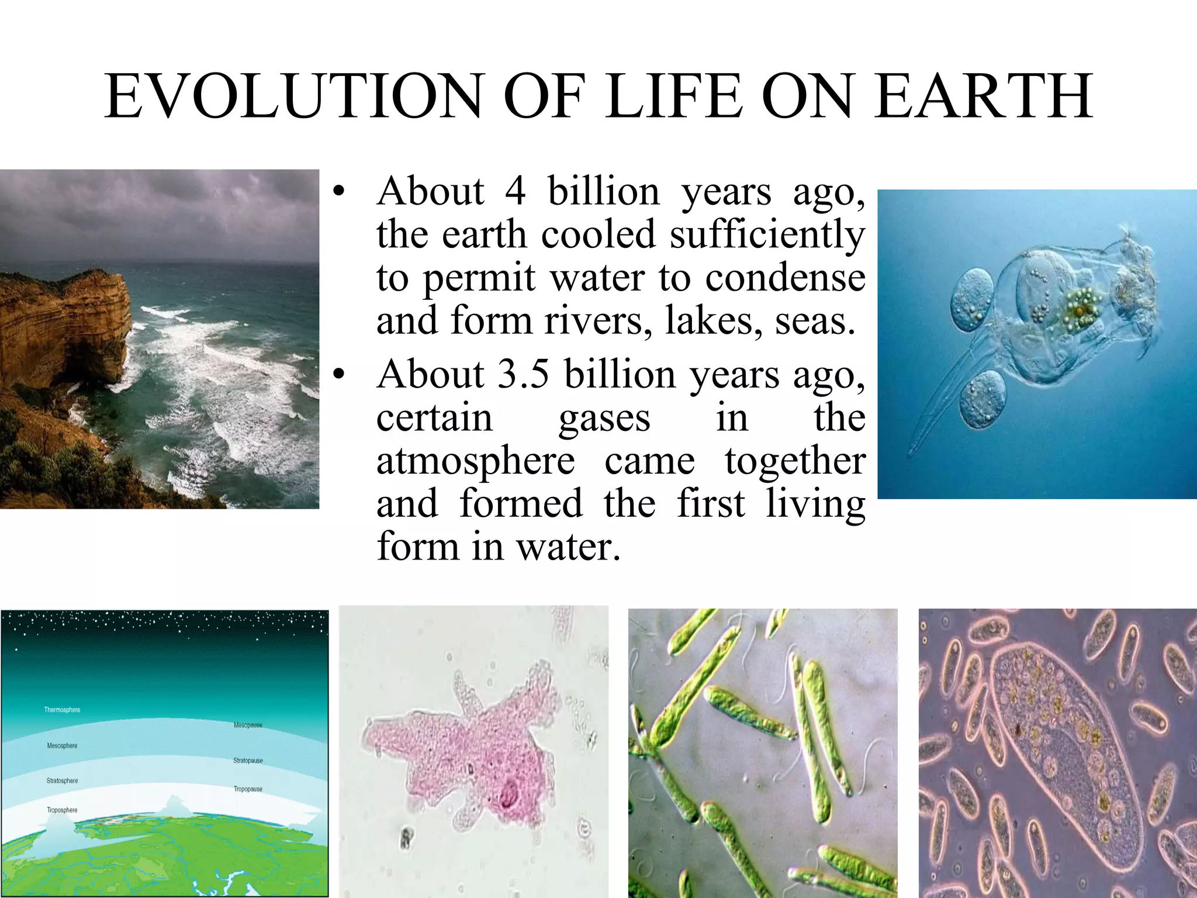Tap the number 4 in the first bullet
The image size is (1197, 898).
coord(515,191)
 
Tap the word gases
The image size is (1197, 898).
coord(604,418)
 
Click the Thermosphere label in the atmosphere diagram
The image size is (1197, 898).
coord(62,710)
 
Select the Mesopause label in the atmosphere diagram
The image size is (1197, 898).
coord(248,725)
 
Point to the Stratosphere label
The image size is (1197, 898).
coord(62,780)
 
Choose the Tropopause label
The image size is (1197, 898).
coord(248,789)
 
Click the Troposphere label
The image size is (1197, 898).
coord(62,810)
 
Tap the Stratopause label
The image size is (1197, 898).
coord(248,761)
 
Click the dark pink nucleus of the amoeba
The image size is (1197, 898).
coord(507,796)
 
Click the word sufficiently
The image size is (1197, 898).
coord(767,234)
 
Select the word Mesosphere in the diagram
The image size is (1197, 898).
coord(62,745)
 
